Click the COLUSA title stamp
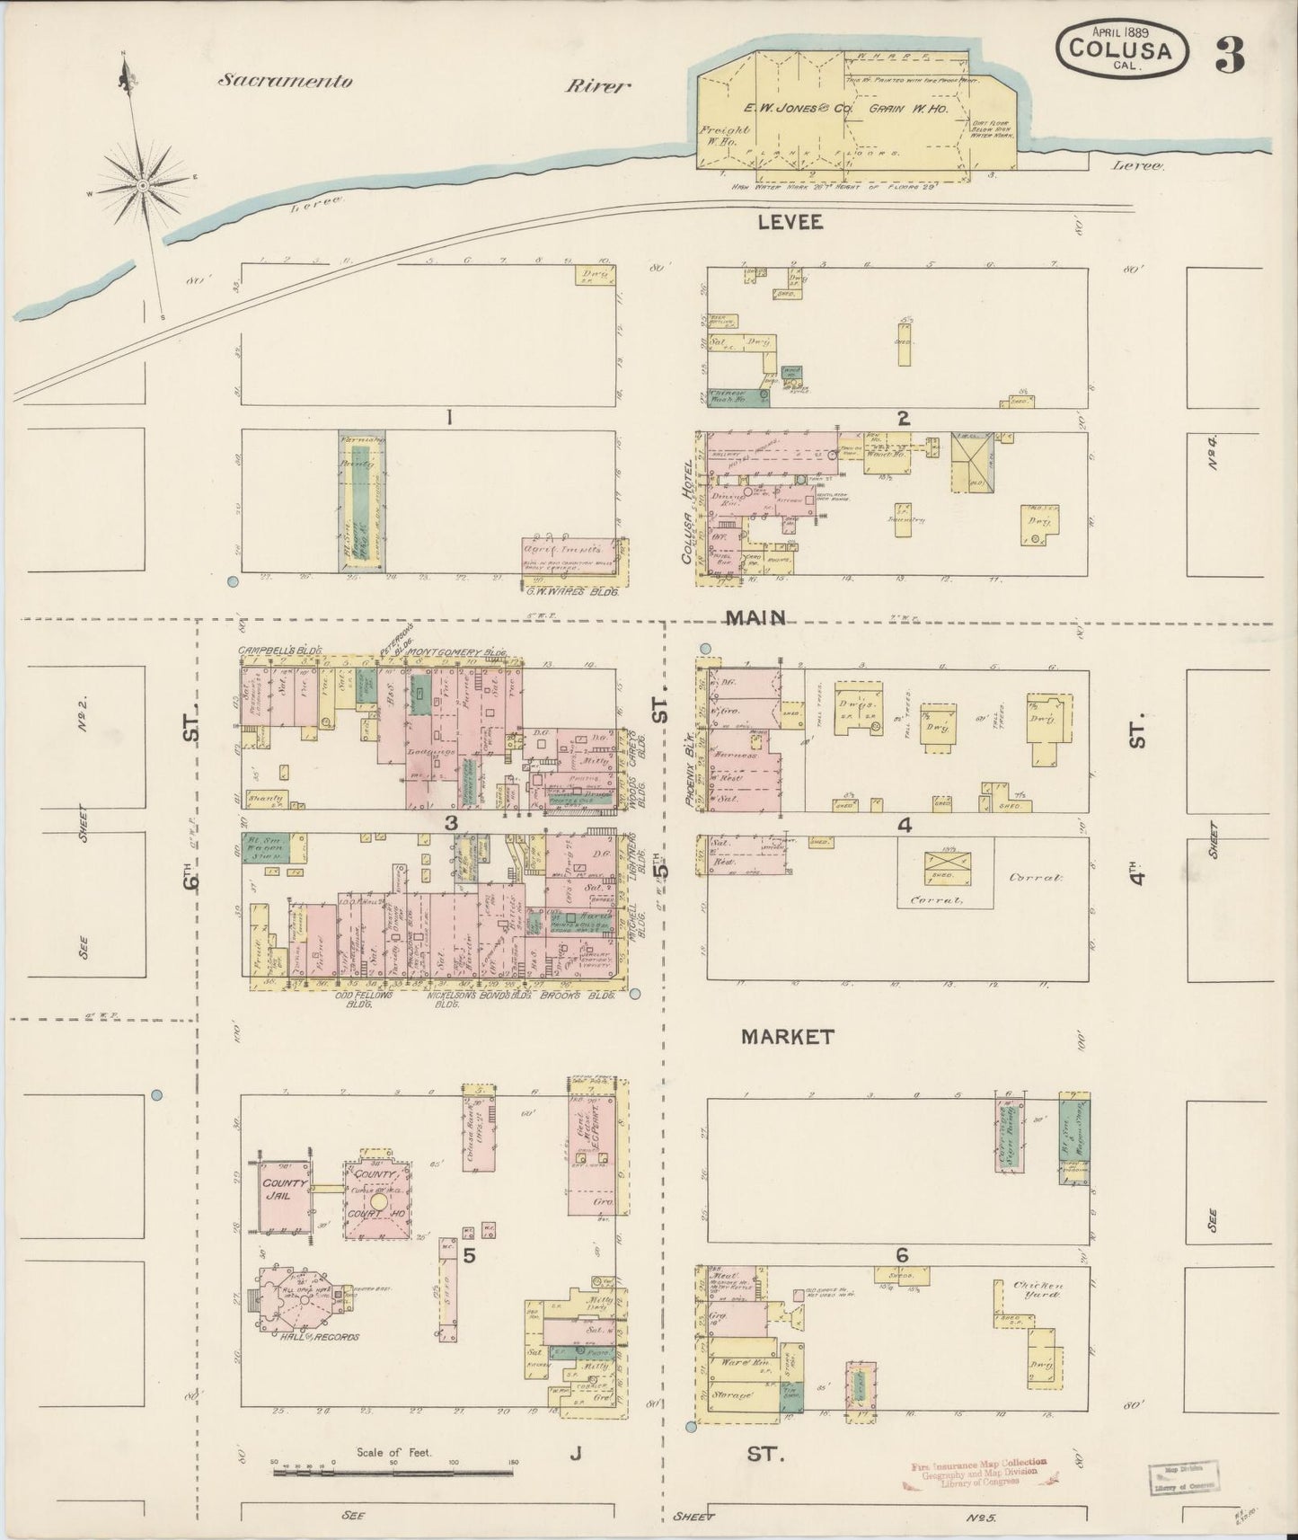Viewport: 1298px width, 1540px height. [1126, 49]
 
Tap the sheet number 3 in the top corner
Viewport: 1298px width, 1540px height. [1232, 57]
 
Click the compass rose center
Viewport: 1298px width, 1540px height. [143, 185]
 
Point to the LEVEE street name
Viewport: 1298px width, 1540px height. [790, 222]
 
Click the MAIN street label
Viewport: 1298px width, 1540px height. [756, 617]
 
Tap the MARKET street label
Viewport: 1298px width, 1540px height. [788, 1037]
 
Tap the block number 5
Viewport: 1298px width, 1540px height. [469, 1255]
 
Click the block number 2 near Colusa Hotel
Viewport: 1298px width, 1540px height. [903, 417]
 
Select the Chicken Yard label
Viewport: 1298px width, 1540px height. [1039, 1290]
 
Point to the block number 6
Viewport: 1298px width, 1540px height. [902, 1255]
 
